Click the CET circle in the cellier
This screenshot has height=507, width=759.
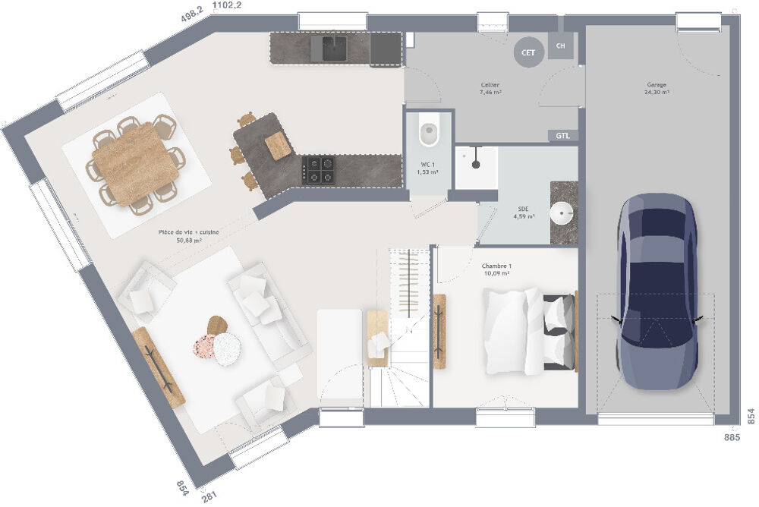[x=528, y=52]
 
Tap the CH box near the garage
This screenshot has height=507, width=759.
[x=561, y=46]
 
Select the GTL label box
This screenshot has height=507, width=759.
[x=562, y=136]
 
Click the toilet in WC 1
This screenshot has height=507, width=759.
[x=429, y=134]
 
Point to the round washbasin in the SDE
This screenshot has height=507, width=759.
[x=562, y=213]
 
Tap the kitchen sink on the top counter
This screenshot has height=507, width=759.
[x=334, y=49]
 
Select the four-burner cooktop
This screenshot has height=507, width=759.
[x=319, y=169]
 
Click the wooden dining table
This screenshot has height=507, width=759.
[x=136, y=164]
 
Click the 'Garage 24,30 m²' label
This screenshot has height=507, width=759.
[x=657, y=89]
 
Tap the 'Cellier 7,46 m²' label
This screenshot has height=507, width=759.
[x=490, y=88]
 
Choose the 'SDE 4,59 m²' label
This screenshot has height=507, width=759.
[x=524, y=212]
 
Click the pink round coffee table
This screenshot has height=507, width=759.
[x=205, y=348]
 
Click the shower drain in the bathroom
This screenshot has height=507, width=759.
[x=475, y=162]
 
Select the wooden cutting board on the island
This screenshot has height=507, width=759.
[x=277, y=145]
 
